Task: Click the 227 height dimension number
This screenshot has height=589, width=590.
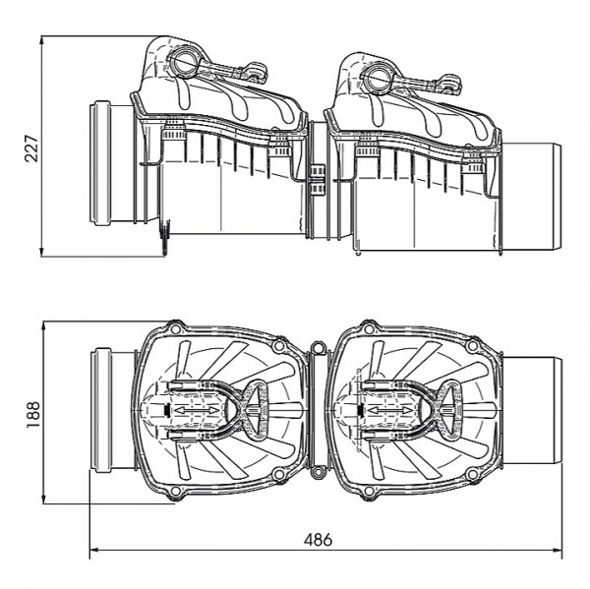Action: tap(31, 148)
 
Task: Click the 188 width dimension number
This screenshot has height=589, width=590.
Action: tap(33, 414)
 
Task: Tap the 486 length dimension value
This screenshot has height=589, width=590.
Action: tap(318, 540)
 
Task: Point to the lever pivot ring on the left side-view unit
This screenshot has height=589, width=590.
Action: tap(183, 62)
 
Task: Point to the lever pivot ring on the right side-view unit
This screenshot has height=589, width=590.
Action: tap(377, 77)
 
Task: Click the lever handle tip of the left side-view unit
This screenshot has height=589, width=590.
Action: tap(257, 72)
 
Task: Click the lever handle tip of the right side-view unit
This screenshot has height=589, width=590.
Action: tap(450, 86)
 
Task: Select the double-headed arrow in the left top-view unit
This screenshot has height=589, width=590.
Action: tap(196, 410)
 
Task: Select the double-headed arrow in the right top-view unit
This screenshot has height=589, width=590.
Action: tap(388, 410)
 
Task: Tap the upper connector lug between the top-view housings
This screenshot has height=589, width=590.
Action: tap(319, 347)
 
